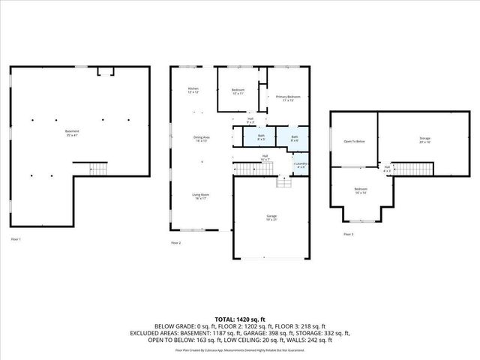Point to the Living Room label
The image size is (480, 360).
[199, 196]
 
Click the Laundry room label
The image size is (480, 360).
[301, 164]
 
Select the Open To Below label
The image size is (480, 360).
[354, 142]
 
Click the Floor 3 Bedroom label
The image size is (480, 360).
[361, 190]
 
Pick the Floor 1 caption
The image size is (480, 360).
[16, 239]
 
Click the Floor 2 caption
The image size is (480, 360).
[175, 243]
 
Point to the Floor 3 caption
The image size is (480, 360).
[348, 235]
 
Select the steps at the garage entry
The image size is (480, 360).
[284, 182]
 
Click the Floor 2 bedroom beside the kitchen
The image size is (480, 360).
[238, 91]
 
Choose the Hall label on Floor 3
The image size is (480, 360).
[387, 168]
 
